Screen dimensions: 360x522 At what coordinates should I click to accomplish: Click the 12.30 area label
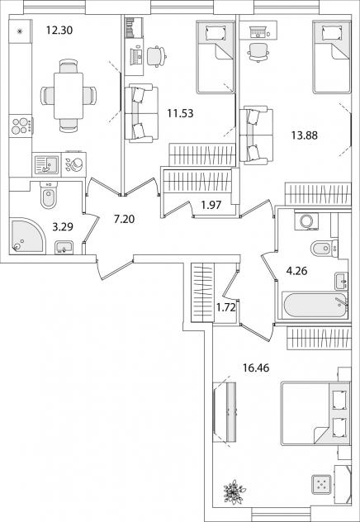[59, 31]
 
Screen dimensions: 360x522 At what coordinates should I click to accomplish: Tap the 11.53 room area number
[180, 113]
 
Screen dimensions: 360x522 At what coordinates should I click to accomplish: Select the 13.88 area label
[305, 135]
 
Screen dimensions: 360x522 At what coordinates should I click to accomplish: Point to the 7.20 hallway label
[124, 220]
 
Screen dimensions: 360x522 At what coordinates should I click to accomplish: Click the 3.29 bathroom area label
[63, 227]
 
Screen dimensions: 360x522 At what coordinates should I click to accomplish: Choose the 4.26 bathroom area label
[296, 271]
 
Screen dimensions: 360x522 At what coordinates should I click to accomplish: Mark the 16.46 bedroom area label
[256, 368]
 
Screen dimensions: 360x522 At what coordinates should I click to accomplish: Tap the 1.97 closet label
[211, 205]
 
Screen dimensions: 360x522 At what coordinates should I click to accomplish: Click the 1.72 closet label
[226, 307]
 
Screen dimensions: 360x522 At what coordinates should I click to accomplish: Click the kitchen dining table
[69, 96]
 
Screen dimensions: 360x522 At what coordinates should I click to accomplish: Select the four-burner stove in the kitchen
[21, 126]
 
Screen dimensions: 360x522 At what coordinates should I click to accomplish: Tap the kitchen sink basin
[46, 165]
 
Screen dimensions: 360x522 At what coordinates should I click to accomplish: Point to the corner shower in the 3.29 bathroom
[26, 236]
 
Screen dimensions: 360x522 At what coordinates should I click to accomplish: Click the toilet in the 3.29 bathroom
[49, 196]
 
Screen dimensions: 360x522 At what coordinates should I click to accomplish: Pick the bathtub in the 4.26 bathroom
[315, 306]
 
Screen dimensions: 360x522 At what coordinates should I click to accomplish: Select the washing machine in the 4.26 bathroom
[306, 221]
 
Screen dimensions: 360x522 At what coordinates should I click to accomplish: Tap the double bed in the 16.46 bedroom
[315, 414]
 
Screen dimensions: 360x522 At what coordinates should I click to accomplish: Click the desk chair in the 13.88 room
[258, 52]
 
